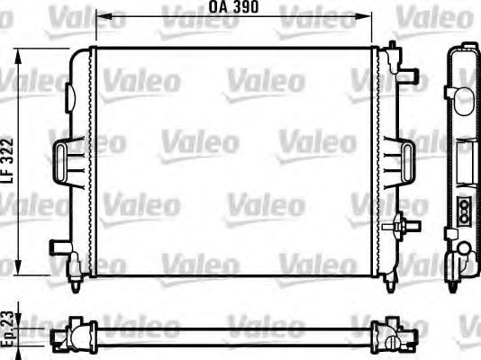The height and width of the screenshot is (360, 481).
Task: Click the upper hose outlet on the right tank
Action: (409, 73)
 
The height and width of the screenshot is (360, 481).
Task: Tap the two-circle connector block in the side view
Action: (465, 209)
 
